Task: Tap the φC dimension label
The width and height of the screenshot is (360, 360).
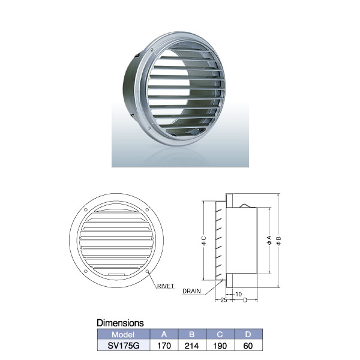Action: pyautogui.click(x=205, y=242)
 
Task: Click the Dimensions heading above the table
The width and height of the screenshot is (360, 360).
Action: pyautogui.click(x=119, y=323)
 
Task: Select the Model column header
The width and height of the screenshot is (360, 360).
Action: pyautogui.click(x=122, y=334)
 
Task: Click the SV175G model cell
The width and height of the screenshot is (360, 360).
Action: pyautogui.click(x=122, y=346)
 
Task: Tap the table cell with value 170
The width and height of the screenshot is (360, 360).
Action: pyautogui.click(x=164, y=346)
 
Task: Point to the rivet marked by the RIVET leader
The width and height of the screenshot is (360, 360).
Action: pyautogui.click(x=147, y=272)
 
